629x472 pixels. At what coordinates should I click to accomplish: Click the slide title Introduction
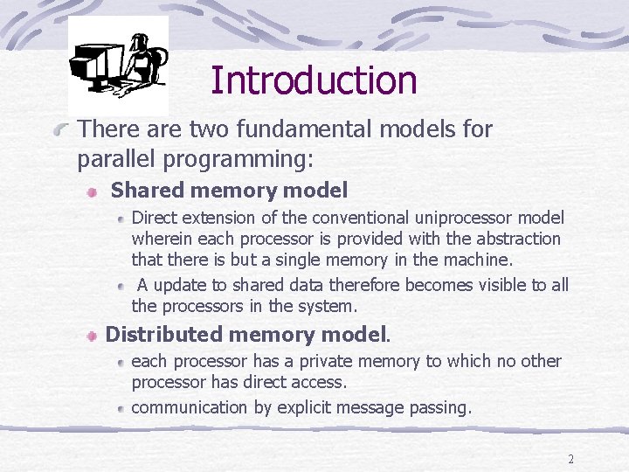tap(314, 80)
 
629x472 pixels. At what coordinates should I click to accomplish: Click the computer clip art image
tap(118, 66)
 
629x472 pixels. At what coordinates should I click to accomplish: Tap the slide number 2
tap(570, 459)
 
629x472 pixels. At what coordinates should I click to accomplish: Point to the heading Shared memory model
tap(229, 190)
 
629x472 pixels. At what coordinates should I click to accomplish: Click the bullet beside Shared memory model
tap(92, 191)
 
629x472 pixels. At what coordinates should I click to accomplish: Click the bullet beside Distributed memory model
tap(91, 336)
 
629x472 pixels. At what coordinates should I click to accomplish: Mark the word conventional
tap(345, 218)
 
